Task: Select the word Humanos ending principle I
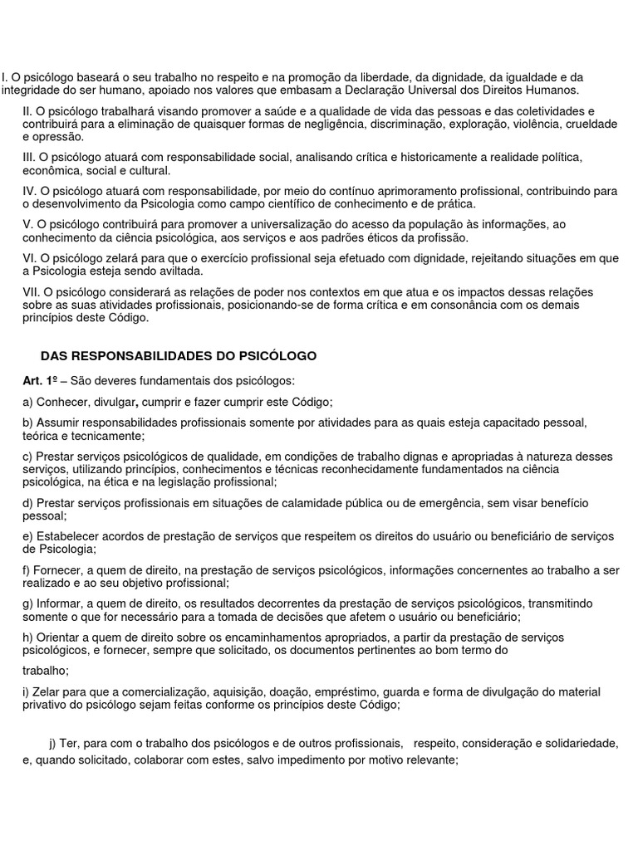[553, 90]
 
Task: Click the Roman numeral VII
[32, 291]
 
